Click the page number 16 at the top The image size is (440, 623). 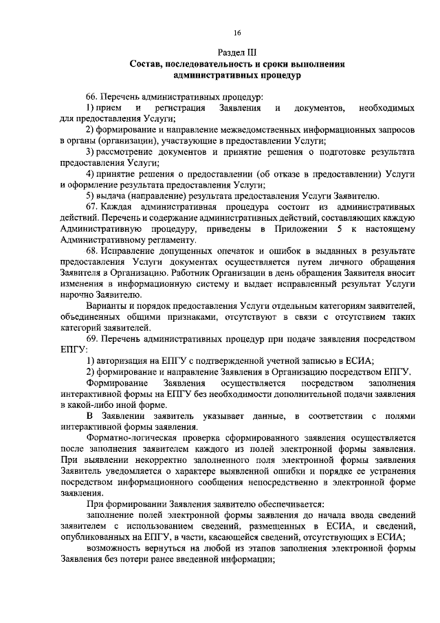[236, 33]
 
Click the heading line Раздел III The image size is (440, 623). [236, 52]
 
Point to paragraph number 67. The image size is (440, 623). [92, 207]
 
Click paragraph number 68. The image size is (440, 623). [92, 251]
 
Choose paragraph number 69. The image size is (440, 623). [92, 338]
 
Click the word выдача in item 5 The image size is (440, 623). [110, 196]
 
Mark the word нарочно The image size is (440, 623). [76, 294]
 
